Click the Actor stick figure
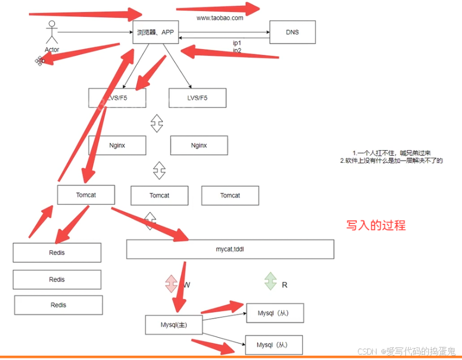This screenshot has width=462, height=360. (x=52, y=33)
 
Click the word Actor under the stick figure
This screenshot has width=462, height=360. (x=52, y=50)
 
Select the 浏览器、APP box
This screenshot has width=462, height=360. (x=155, y=33)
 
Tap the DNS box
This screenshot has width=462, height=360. (x=292, y=32)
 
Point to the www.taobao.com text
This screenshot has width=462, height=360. (x=220, y=18)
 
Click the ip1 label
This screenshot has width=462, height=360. (x=237, y=43)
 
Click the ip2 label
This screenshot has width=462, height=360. (x=237, y=50)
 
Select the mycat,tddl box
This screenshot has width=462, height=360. (x=230, y=248)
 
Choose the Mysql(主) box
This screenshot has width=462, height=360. (x=174, y=325)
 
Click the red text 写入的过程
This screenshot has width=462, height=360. (x=376, y=225)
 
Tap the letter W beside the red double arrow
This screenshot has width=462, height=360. (x=187, y=284)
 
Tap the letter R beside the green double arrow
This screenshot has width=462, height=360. (x=284, y=284)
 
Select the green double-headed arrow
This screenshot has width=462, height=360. (x=270, y=281)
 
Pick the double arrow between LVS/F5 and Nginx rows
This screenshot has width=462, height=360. (x=157, y=123)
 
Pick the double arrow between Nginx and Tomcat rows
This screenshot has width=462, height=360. (x=159, y=170)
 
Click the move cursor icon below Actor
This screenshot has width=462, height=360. (x=40, y=60)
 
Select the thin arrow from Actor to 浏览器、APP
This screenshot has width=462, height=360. (x=95, y=33)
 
